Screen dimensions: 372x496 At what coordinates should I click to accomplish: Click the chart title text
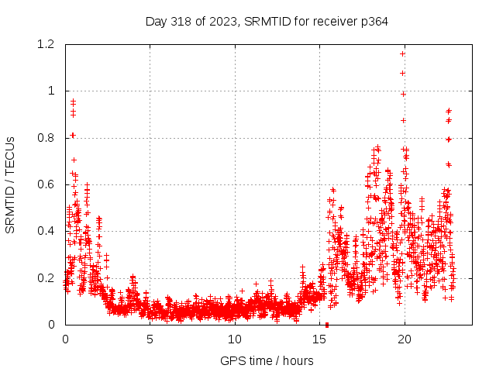tap(267, 22)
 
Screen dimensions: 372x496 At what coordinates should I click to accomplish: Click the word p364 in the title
tap(373, 22)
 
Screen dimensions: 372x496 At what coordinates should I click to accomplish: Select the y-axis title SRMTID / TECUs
tap(11, 185)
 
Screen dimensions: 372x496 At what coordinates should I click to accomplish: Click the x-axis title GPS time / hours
tap(267, 360)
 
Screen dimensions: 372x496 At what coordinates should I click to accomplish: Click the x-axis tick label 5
tap(150, 339)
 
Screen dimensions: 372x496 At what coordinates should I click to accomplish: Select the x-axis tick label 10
tap(235, 339)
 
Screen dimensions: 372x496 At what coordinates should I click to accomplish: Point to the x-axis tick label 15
tap(319, 339)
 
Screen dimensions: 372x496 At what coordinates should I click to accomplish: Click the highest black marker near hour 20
tap(402, 53)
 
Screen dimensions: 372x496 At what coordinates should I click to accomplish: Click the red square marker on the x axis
tap(327, 325)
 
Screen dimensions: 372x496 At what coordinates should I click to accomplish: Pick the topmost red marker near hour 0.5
tap(73, 102)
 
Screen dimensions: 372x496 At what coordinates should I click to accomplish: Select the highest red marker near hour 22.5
tap(449, 111)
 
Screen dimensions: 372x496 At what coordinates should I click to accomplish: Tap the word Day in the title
tap(156, 22)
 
